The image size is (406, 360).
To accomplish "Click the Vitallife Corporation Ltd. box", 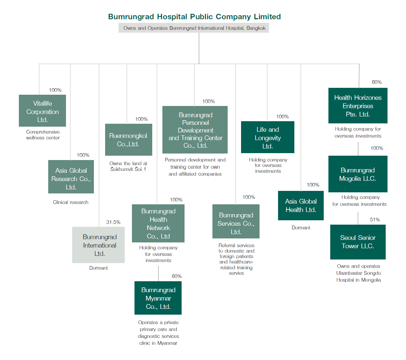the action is tap(42, 111).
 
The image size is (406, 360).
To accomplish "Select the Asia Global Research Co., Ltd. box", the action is tap(71, 177).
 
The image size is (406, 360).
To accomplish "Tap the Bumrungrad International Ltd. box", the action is tap(98, 245).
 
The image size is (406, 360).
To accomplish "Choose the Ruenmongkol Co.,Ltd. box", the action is tap(129, 140).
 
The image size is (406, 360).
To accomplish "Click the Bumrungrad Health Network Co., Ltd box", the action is tap(158, 224).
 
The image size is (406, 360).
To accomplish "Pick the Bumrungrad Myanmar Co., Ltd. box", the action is tap(158, 298).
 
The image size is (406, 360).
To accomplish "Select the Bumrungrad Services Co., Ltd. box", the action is tap(236, 221).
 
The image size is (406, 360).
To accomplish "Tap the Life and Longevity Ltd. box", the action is tap(268, 137).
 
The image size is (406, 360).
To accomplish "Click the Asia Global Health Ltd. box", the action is tap(301, 205).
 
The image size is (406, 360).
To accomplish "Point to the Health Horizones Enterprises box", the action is tap(358, 106).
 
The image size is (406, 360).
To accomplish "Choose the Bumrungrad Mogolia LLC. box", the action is tap(358, 174).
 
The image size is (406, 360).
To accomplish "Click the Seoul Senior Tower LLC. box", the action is tap(358, 242).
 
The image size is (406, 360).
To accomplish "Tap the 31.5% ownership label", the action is tap(113, 222).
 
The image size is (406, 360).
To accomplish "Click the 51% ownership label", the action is tap(375, 220).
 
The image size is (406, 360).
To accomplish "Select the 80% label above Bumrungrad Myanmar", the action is tap(177, 276).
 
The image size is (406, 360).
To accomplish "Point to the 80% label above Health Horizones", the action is tap(377, 82).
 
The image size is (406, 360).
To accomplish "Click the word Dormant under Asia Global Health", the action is tap(301, 228).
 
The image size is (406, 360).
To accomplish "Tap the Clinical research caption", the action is tap(70, 202).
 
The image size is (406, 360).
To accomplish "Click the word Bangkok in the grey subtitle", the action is tap(256, 28).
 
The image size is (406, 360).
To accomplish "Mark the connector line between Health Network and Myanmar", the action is tap(158, 274).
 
